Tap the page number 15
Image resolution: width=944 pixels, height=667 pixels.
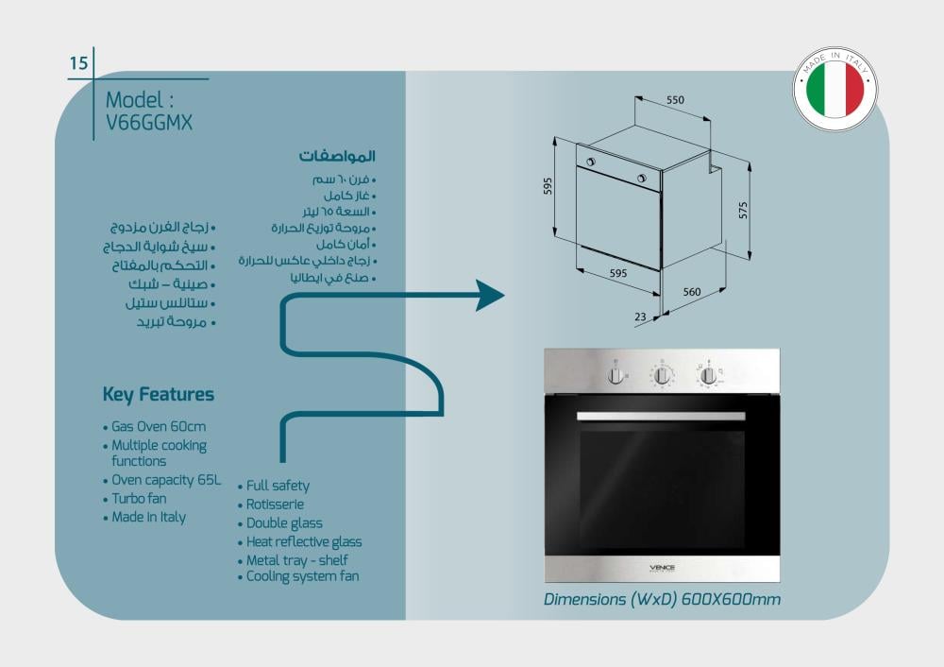point(78,63)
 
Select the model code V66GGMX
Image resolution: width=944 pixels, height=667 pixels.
point(149,122)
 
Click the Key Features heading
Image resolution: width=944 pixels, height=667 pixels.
point(158,395)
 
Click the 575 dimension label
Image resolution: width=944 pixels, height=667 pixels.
point(743,210)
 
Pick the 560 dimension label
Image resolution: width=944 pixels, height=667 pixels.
point(692,292)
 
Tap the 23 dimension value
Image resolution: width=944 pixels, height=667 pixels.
point(640,317)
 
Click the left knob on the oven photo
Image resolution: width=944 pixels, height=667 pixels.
point(616,375)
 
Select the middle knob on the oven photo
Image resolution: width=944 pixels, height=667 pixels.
point(662,375)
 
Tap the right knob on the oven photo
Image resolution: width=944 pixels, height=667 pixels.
point(707,375)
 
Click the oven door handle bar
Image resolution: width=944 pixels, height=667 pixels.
point(661,416)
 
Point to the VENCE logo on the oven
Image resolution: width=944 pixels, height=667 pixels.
point(662,568)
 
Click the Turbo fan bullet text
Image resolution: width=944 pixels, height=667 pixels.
point(139,499)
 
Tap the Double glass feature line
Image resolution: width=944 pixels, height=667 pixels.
point(284,523)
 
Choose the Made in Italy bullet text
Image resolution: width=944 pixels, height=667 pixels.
point(148,518)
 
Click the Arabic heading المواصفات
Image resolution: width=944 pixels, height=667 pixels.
point(337,155)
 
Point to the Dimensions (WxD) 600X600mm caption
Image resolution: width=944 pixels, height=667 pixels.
point(662,599)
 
